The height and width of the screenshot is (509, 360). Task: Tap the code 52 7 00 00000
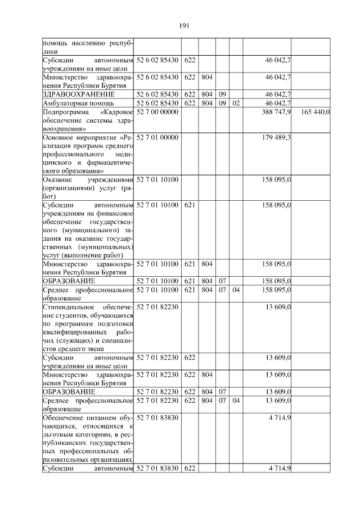157,112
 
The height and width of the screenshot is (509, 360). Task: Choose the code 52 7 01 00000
157,138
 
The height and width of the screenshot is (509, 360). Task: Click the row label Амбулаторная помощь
71,103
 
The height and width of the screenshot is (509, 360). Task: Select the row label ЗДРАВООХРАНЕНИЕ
79,94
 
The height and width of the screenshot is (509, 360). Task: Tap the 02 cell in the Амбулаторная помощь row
236,103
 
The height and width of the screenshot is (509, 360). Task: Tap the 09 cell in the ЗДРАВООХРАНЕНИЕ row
222,94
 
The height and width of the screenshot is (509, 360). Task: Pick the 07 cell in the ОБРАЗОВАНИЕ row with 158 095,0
222,281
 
